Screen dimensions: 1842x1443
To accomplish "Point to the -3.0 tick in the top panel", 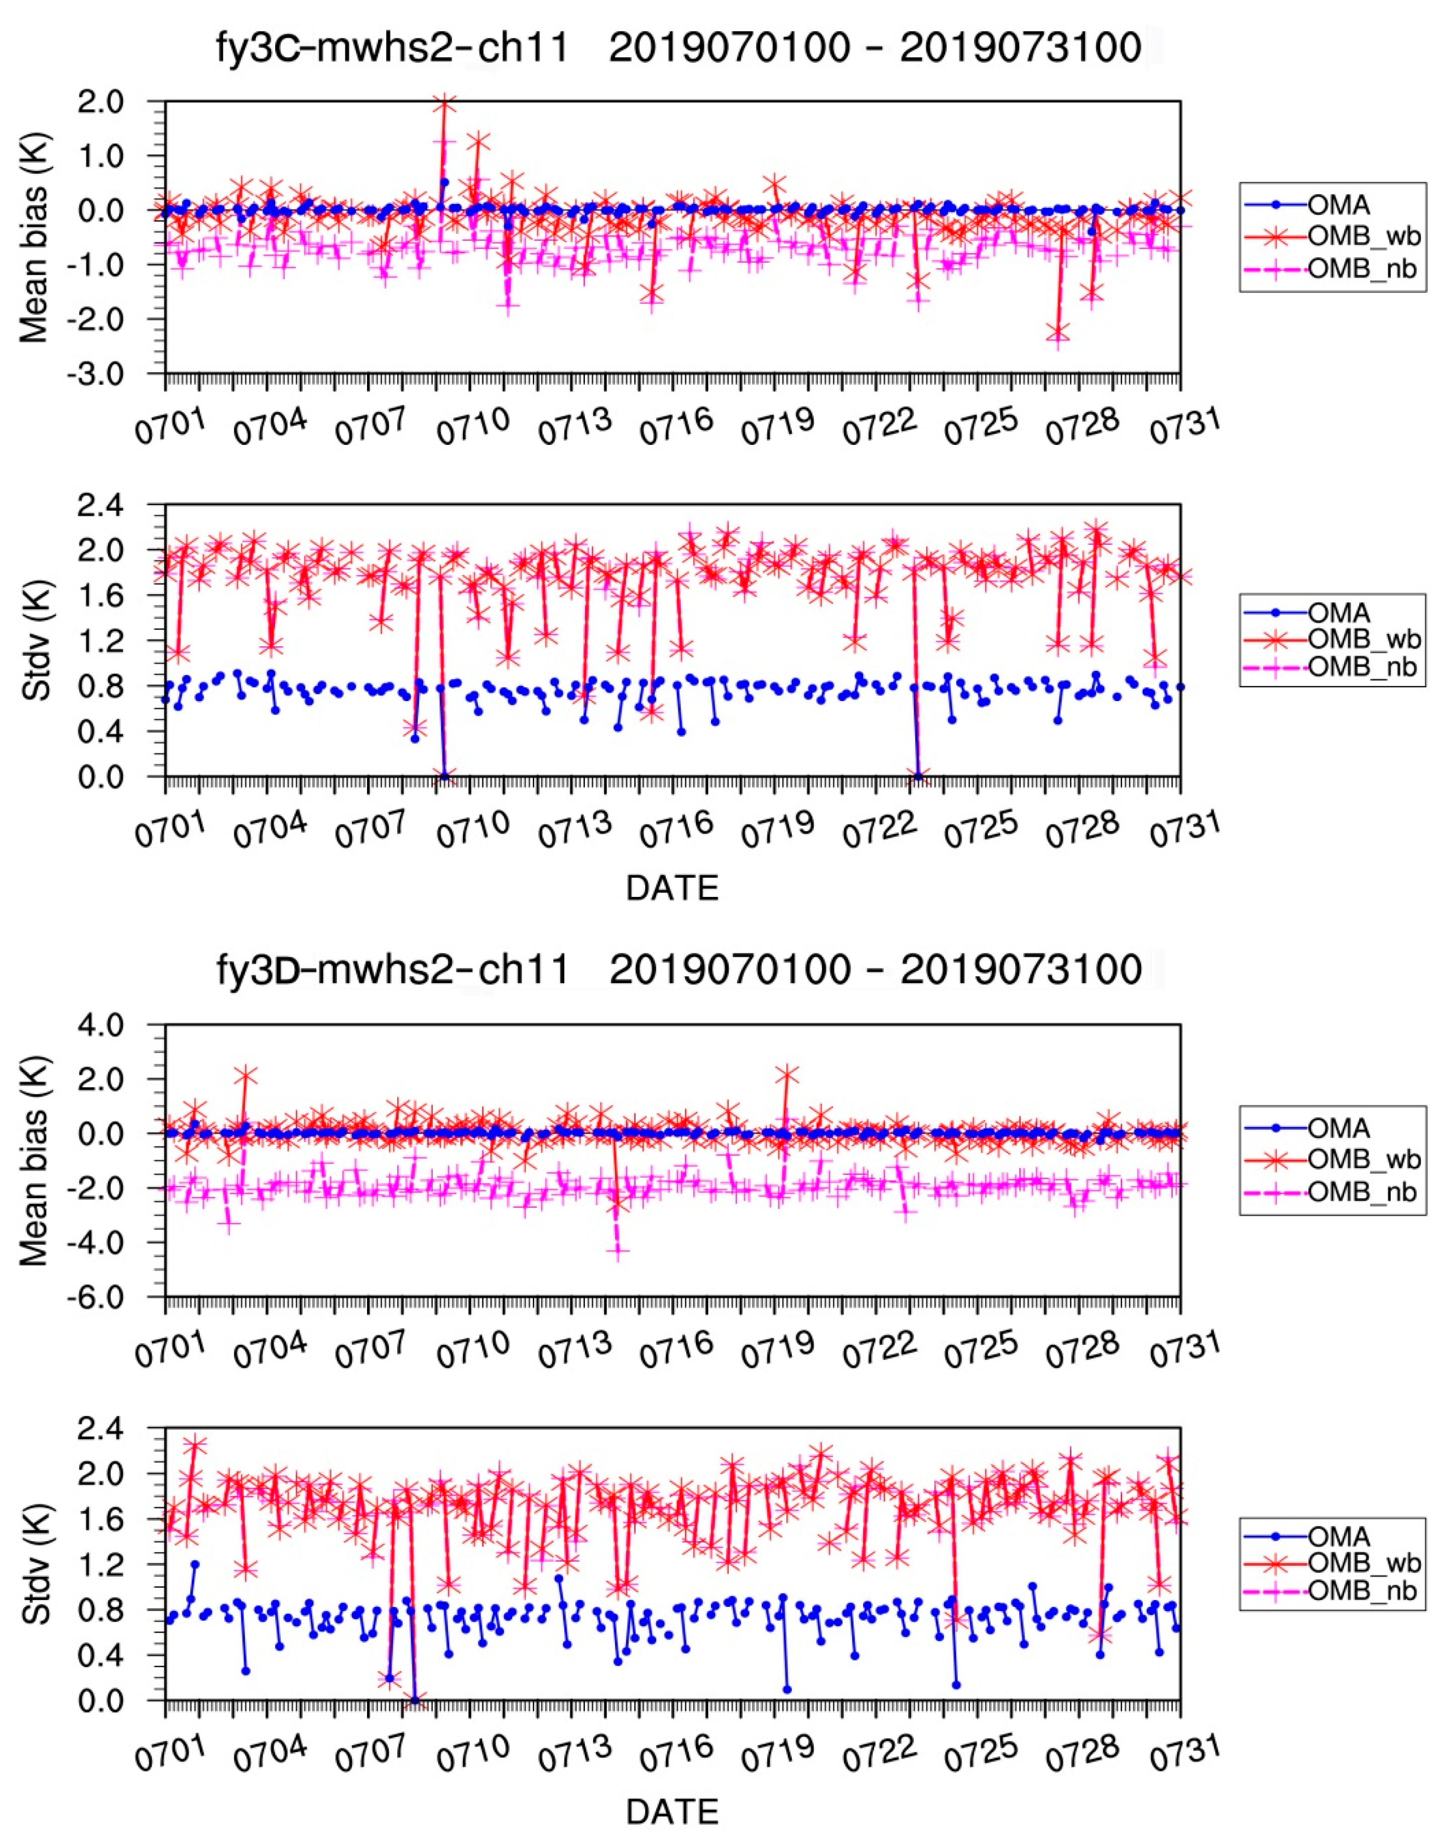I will [x=124, y=374].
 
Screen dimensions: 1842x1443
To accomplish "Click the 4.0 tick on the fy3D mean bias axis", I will [x=124, y=1025].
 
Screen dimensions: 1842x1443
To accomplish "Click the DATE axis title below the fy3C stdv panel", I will [x=672, y=888].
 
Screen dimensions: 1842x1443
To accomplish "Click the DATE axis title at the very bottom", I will [x=672, y=1811].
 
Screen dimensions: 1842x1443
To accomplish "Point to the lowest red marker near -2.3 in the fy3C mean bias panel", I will [x=1058, y=332].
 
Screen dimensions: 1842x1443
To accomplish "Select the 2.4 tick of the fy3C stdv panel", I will [x=124, y=505].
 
